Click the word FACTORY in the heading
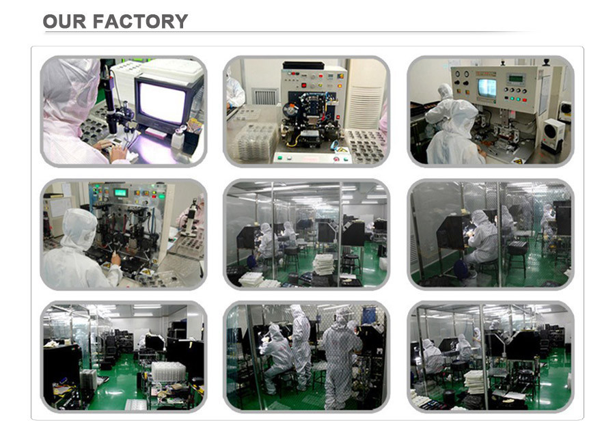click(x=140, y=21)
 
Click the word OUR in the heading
click(x=64, y=21)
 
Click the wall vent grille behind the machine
click(x=264, y=96)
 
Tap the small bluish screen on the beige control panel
click(x=487, y=88)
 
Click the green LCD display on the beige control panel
click(x=515, y=79)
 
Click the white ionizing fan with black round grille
click(x=553, y=134)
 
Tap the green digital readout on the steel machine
click(x=120, y=193)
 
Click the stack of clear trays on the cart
click(x=168, y=371)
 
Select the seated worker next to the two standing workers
click(x=277, y=356)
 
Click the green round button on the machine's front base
click(x=280, y=158)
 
